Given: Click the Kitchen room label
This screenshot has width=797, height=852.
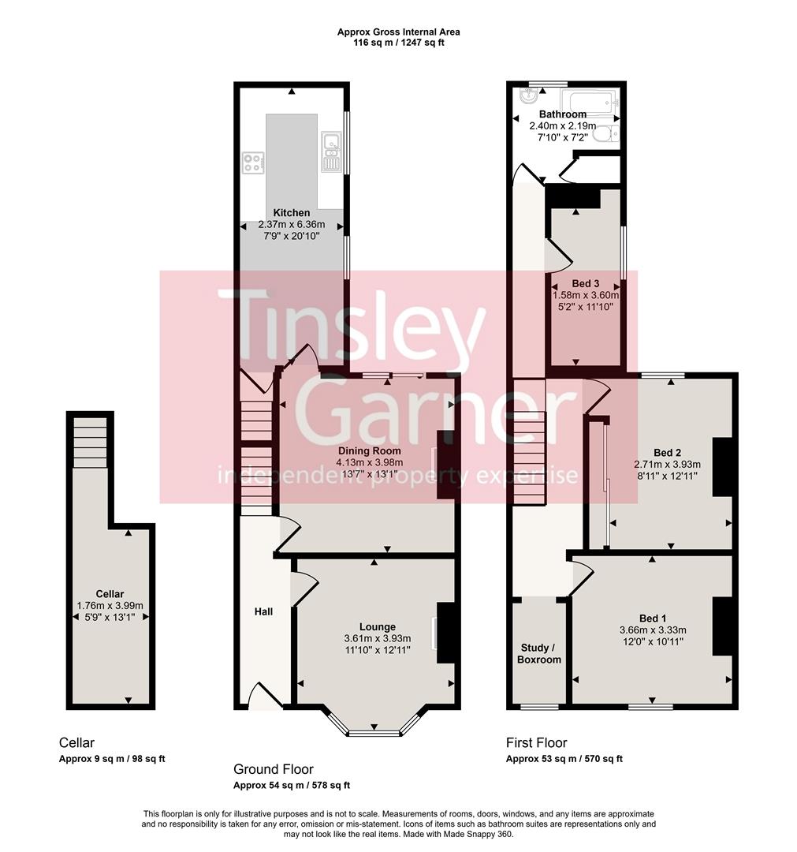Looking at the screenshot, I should pos(292,213).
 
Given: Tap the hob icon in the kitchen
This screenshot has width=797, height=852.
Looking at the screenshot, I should pos(253,163).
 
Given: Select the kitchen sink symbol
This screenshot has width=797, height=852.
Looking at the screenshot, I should pos(330,153).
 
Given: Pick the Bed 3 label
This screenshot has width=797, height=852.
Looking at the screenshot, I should pos(586,283).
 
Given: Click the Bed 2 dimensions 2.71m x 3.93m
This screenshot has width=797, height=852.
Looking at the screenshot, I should pos(668,465).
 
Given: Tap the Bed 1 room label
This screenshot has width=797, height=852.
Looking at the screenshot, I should pos(652,618).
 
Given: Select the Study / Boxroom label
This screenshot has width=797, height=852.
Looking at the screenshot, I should pos(538,653).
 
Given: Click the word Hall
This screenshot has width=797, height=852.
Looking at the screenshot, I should pos(263,611).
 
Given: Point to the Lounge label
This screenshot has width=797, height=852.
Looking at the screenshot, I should pos(378,627).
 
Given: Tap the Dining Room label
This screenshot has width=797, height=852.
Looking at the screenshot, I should pos(370,450).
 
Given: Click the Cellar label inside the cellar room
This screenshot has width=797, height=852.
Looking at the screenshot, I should pos(110,594).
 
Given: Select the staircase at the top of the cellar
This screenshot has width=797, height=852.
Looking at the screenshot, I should pos(89,442).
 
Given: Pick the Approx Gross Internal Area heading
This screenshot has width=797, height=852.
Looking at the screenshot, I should pos(398,32).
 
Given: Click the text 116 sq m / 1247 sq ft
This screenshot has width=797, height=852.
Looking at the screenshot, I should pos(398,43).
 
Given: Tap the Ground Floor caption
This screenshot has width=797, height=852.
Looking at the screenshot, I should pos(274,769).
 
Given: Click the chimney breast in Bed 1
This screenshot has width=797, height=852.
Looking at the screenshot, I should pos(722,626).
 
